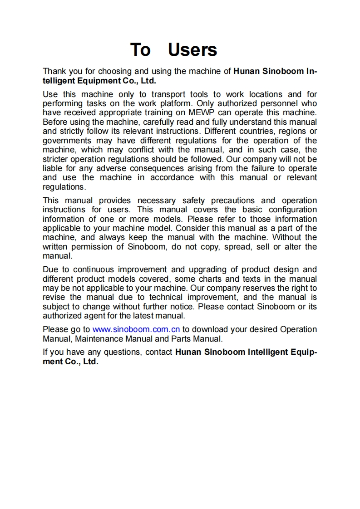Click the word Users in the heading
point(192,49)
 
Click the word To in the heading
point(140,49)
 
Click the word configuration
point(293,210)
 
